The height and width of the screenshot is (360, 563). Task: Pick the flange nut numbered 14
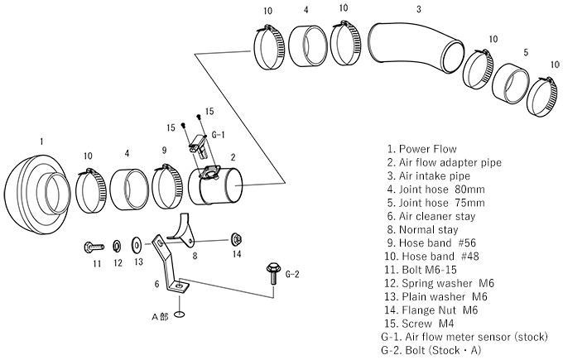click(x=236, y=239)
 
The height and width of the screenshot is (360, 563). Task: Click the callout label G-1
click(x=219, y=133)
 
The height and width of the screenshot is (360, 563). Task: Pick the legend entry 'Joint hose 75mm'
click(x=436, y=202)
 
